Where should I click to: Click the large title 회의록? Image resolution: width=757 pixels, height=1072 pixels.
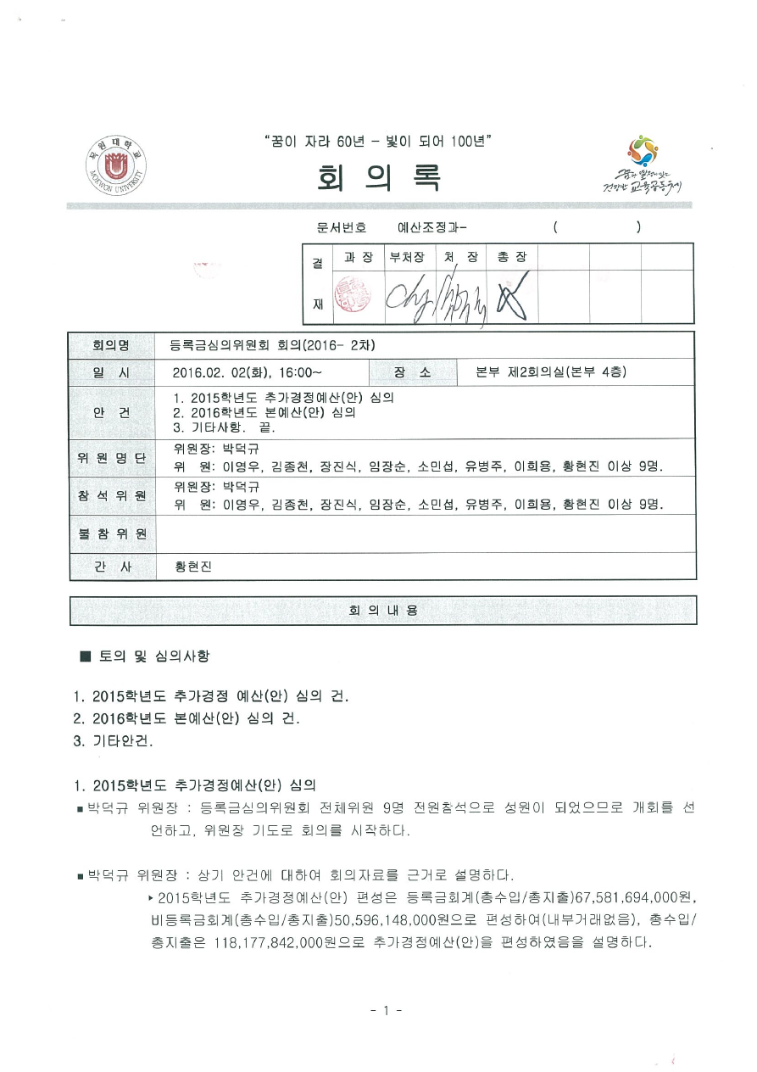tap(379, 176)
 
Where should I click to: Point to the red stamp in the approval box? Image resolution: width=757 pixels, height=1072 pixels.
tap(354, 294)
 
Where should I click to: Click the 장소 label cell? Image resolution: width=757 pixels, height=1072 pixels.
tap(412, 371)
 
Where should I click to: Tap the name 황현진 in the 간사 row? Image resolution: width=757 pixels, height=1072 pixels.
tap(192, 567)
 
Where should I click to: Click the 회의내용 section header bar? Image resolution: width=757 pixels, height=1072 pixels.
tap(383, 611)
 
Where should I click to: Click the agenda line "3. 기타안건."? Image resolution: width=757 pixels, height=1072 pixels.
tap(113, 740)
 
